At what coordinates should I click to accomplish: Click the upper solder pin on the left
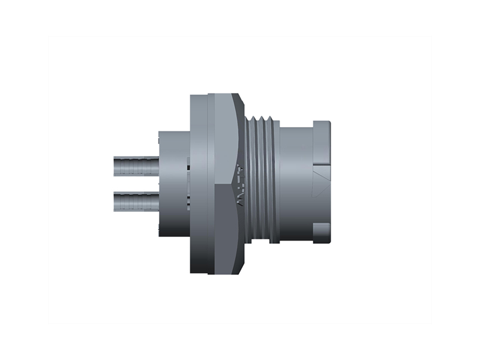click(136, 165)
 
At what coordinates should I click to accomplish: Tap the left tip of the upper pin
click(115, 165)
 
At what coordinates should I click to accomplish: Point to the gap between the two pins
click(136, 184)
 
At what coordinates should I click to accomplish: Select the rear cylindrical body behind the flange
click(173, 183)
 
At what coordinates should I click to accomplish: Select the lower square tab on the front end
click(322, 233)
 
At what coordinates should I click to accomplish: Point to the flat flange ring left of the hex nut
click(198, 184)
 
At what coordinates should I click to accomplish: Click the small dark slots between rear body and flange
click(187, 183)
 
